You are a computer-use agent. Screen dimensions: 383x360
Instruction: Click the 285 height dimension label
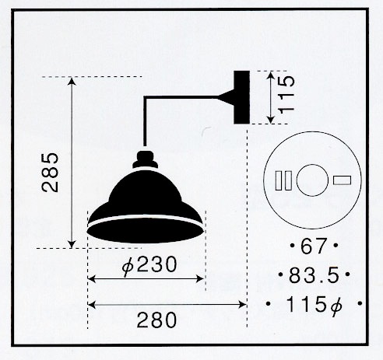[50, 173]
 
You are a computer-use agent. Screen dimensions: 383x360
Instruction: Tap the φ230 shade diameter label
[149, 265]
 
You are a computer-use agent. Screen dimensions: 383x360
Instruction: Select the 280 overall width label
[156, 320]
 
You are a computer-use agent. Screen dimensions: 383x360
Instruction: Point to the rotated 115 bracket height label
[286, 95]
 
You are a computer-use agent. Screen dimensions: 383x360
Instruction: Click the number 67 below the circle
[313, 246]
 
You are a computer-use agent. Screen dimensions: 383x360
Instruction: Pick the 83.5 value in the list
[314, 275]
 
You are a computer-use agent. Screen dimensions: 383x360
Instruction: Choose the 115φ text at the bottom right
[314, 305]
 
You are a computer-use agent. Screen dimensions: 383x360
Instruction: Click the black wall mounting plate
[241, 97]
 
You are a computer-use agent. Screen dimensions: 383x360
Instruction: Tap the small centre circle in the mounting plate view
[312, 180]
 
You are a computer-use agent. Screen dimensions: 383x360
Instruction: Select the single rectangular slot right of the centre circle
[343, 180]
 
